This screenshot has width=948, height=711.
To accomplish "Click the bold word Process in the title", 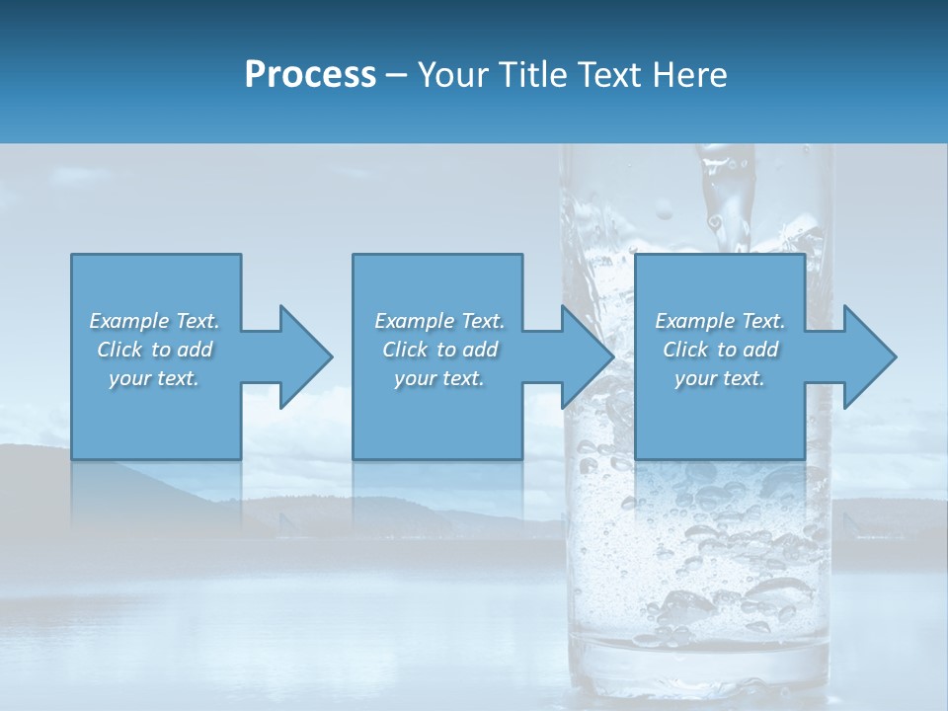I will (310, 75).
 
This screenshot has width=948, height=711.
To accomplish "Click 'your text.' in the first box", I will (154, 378).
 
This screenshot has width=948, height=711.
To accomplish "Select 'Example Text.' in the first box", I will (154, 321).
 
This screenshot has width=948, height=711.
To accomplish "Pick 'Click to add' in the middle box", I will (439, 350).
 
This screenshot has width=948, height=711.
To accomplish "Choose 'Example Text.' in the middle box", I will (439, 321).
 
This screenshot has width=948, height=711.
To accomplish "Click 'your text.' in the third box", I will (720, 378).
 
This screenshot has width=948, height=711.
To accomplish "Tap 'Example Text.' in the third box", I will (720, 321).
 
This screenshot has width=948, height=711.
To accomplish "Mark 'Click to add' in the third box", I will (720, 350).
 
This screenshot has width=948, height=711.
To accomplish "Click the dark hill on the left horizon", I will (39, 464).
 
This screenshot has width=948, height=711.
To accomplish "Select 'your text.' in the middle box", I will (439, 378).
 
